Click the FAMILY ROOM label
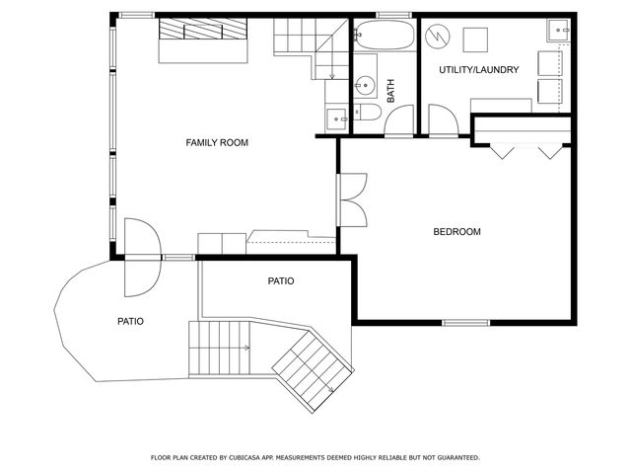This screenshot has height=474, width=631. tap(217, 143)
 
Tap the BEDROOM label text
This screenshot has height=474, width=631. tap(456, 232)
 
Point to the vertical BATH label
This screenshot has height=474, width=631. tap(390, 92)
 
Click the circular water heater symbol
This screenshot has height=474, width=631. tap(437, 39)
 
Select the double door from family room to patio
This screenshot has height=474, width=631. tap(140, 258)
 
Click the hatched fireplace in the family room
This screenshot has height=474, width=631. tap(203, 30)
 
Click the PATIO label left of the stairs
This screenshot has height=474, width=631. tap(130, 321)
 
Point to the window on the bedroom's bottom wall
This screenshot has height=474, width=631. tap(465, 322)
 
